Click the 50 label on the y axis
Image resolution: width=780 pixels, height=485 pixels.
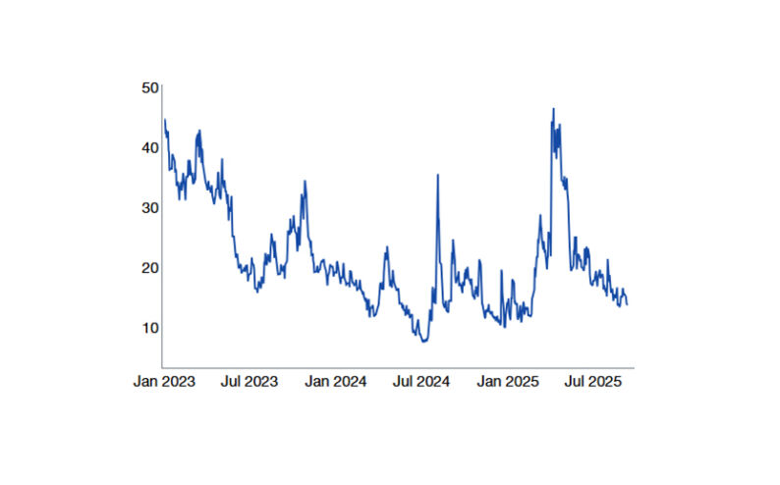149,87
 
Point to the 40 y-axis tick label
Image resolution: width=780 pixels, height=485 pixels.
149,147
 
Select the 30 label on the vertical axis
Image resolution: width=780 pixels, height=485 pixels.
149,207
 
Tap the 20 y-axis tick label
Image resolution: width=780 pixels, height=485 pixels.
149,267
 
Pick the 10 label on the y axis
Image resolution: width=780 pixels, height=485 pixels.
149,327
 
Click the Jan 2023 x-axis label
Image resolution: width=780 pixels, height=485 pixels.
164,381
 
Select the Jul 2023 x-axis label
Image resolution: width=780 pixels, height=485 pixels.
250,381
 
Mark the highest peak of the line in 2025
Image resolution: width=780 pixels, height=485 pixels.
553,109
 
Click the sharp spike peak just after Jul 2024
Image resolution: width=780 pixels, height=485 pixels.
437,175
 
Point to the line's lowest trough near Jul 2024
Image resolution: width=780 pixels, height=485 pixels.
423,341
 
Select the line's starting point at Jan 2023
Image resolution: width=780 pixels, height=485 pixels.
164,120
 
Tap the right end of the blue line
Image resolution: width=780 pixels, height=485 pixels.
627,303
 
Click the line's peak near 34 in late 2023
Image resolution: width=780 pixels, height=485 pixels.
306,182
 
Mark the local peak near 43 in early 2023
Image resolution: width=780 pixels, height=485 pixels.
199,131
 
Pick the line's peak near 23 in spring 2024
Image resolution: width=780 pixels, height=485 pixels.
386,246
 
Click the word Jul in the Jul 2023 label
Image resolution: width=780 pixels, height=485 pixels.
233,381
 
